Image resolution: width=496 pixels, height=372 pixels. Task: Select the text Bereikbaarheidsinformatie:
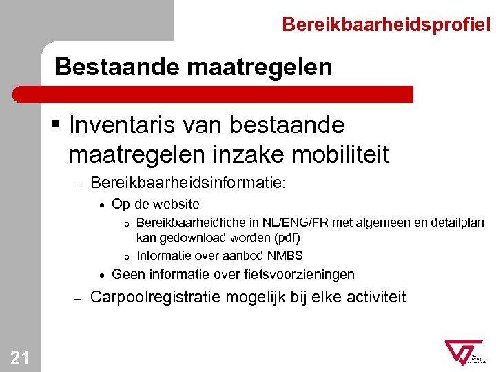pyautogui.click(x=187, y=183)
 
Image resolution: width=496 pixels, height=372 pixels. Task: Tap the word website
pyautogui.click(x=176, y=204)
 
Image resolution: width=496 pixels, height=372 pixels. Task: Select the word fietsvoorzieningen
pyautogui.click(x=300, y=275)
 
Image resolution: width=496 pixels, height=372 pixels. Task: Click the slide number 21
pyautogui.click(x=20, y=356)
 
